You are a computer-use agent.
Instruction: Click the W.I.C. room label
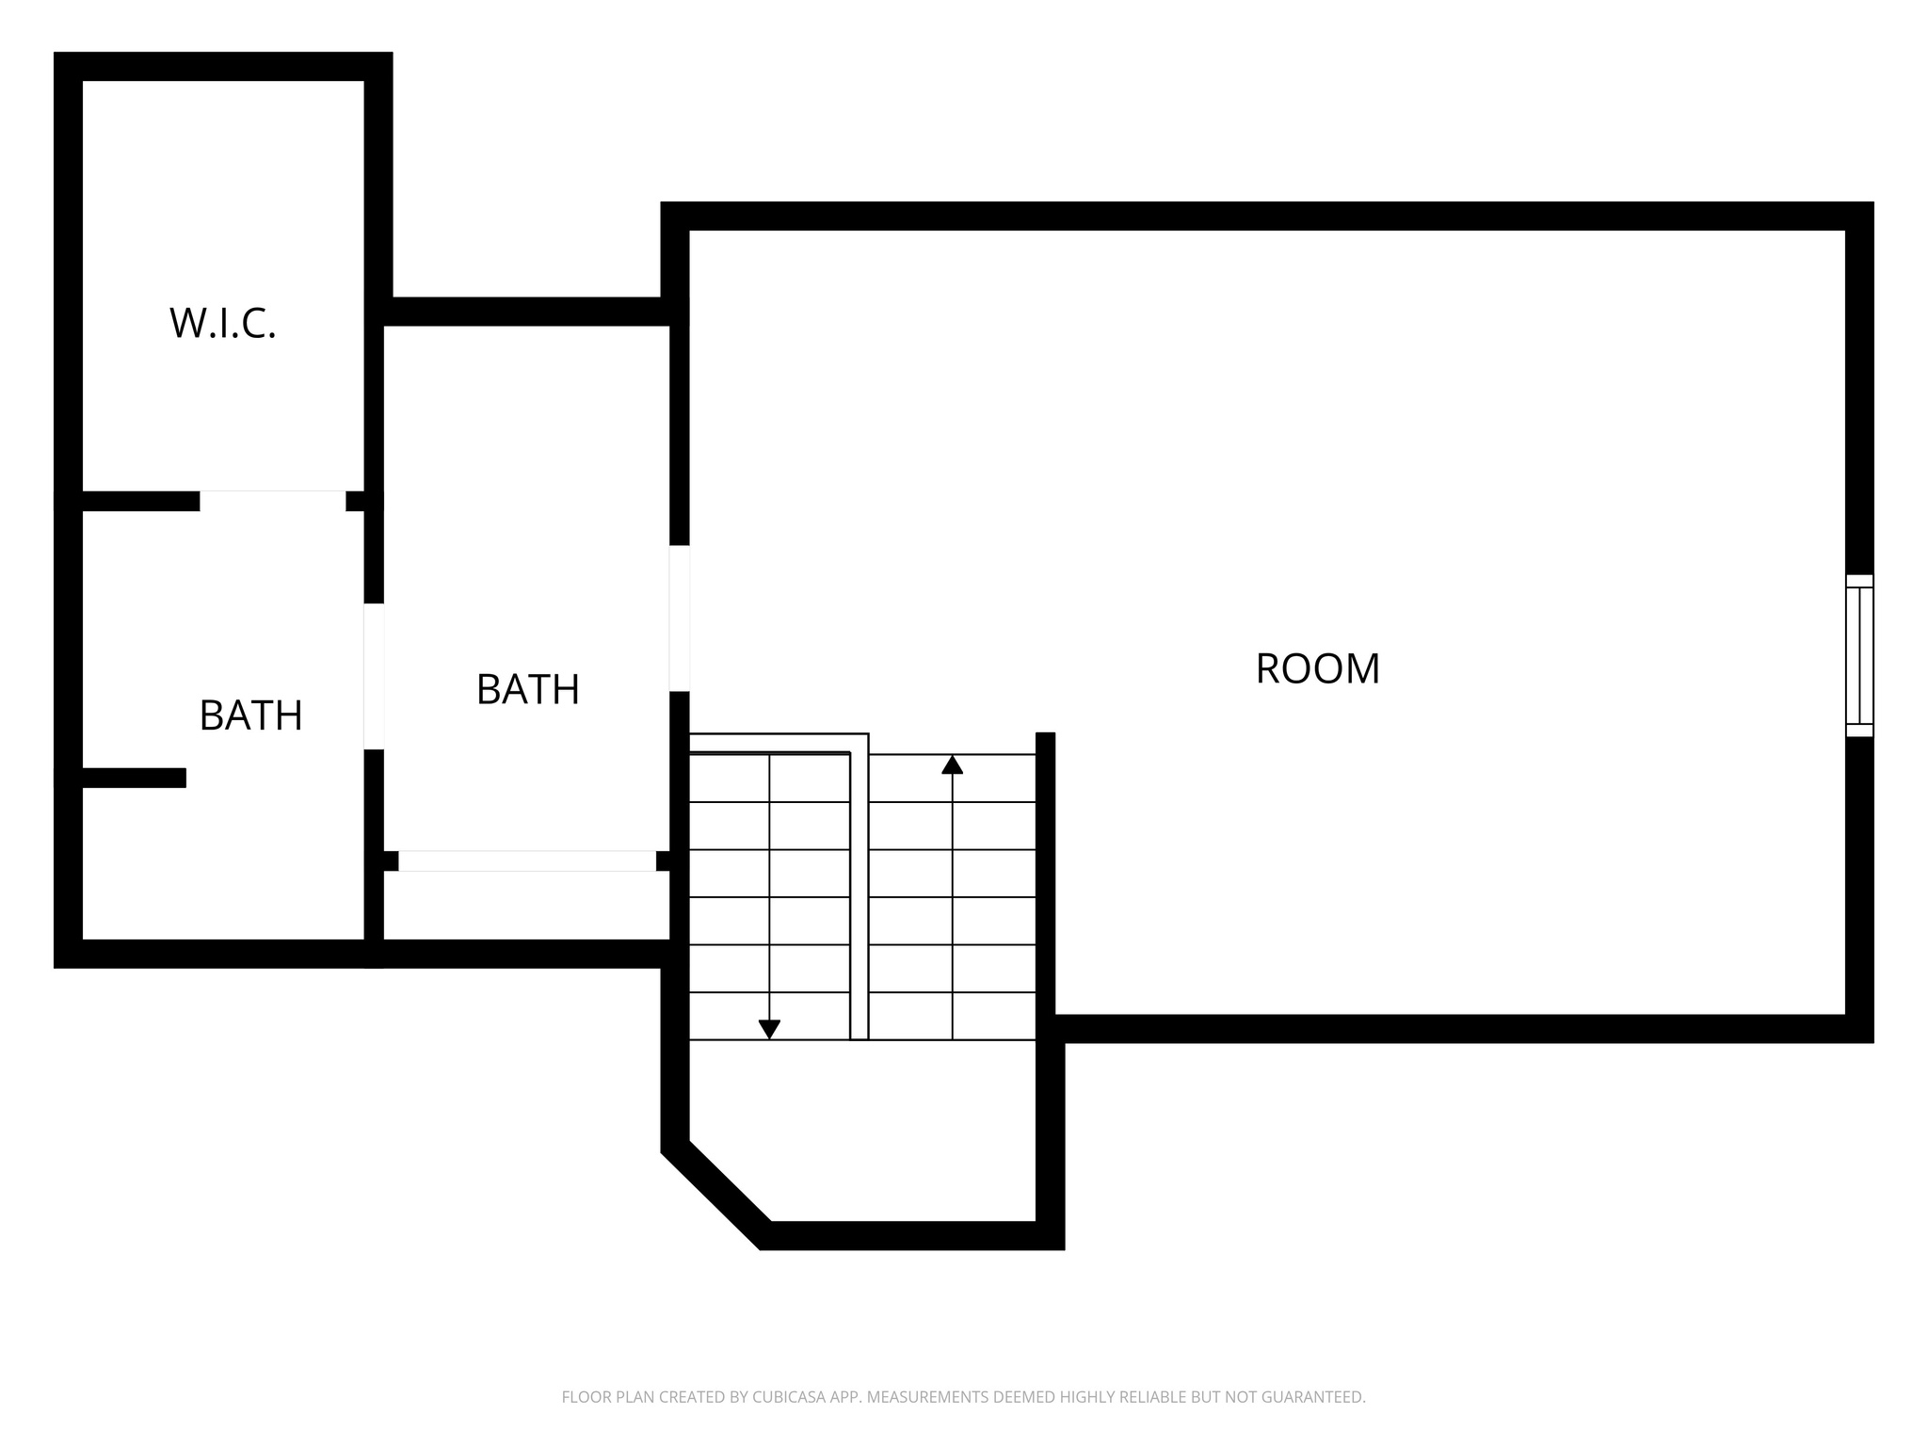click(x=223, y=324)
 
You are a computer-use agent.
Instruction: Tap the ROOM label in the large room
click(x=1317, y=669)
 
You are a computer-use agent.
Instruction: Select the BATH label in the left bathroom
click(x=250, y=716)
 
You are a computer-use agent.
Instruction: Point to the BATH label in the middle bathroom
click(x=527, y=690)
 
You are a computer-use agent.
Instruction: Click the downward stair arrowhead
click(x=769, y=1030)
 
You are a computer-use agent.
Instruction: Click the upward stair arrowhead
click(x=952, y=764)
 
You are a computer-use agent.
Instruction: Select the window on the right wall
click(x=1858, y=655)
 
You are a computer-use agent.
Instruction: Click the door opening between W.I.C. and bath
click(x=272, y=500)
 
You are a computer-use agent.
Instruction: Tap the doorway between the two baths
click(x=374, y=676)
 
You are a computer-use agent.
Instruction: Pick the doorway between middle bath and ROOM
click(x=679, y=618)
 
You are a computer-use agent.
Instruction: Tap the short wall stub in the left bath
click(x=132, y=778)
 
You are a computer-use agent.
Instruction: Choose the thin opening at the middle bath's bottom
click(x=526, y=860)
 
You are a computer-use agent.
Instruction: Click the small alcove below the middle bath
click(x=526, y=905)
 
